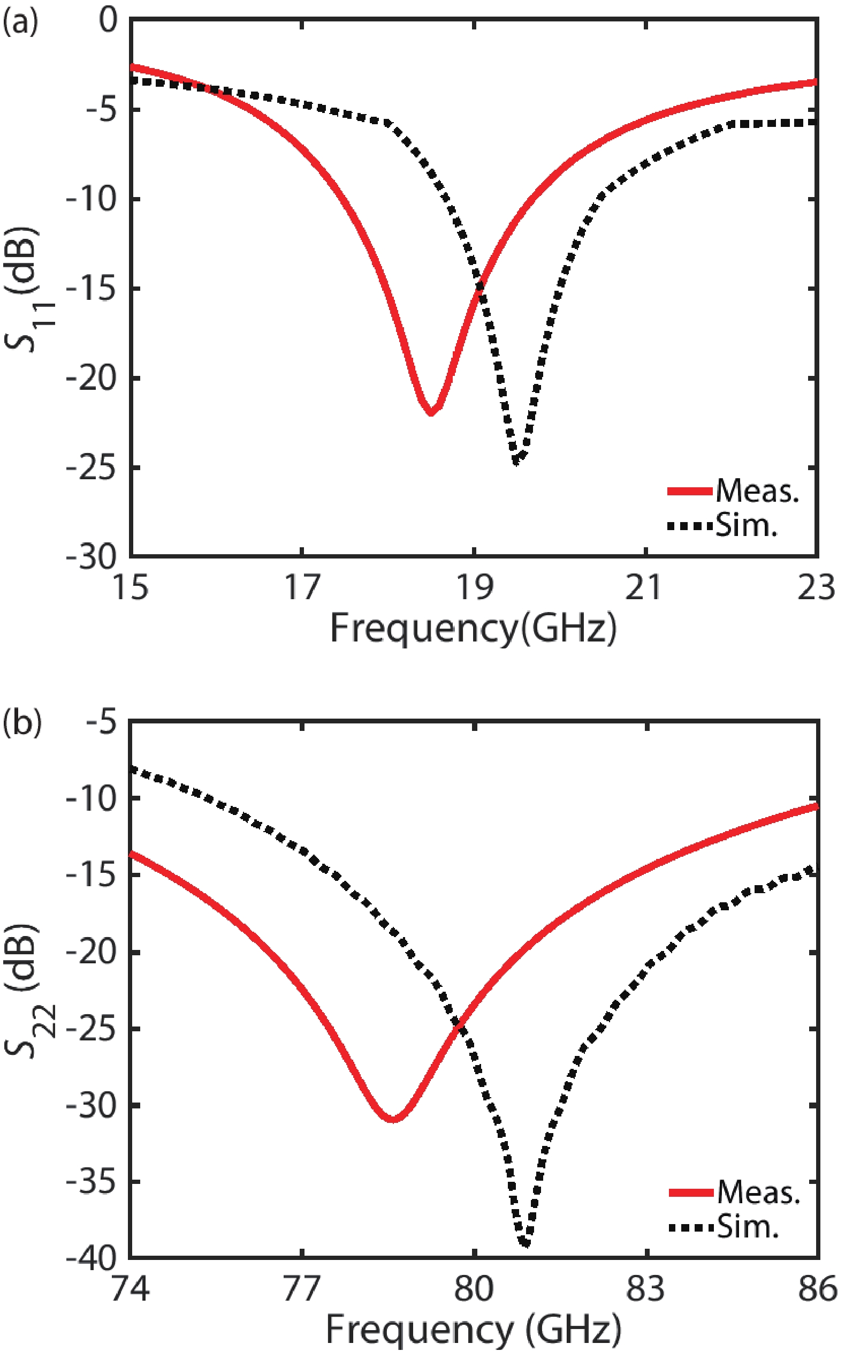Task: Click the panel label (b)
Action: click(x=22, y=723)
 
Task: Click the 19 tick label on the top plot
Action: click(x=475, y=588)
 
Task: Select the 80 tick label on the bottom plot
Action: click(x=474, y=1288)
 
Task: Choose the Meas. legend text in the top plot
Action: click(x=757, y=492)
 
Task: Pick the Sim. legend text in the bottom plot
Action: click(x=748, y=1227)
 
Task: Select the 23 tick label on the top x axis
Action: click(x=816, y=588)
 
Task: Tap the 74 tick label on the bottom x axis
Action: click(x=131, y=1288)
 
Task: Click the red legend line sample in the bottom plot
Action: click(x=691, y=1192)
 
